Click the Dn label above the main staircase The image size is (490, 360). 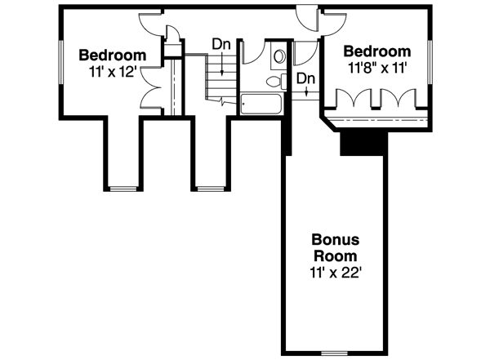220,43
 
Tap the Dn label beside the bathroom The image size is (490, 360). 305,78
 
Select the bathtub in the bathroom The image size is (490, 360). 261,104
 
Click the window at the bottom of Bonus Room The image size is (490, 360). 333,353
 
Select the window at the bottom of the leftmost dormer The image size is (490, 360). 122,189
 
